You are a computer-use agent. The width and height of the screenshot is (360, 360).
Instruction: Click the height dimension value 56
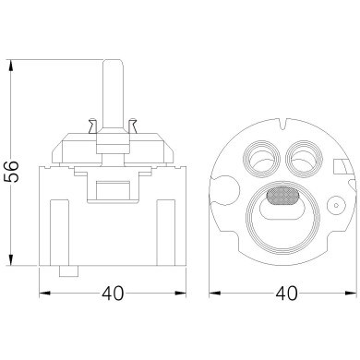tap(12, 171)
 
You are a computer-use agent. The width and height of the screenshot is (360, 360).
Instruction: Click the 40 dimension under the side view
tap(113, 294)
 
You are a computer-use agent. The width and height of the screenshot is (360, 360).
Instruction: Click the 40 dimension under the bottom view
tap(286, 294)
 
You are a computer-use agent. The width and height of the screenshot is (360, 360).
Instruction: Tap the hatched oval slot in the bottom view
tap(282, 196)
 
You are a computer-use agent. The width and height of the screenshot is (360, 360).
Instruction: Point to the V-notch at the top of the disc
tap(283, 124)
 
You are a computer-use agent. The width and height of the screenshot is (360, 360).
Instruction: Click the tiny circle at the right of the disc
tap(336, 205)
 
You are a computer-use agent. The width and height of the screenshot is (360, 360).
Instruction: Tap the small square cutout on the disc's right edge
tap(339, 165)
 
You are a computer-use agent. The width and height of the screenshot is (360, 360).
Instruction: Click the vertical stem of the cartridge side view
tap(113, 94)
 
